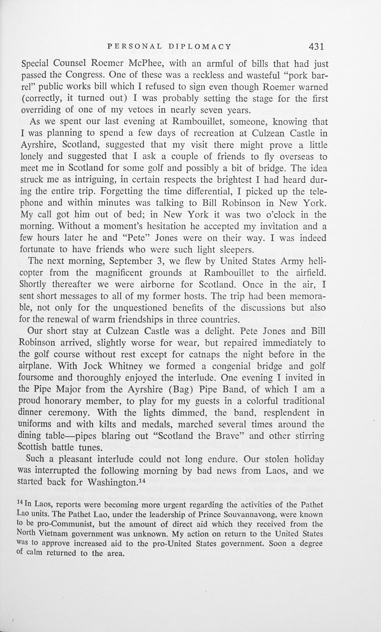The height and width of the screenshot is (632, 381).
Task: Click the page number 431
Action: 316,46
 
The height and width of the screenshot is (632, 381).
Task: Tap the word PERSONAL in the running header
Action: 134,46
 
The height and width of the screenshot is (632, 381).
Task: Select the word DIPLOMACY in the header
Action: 200,46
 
